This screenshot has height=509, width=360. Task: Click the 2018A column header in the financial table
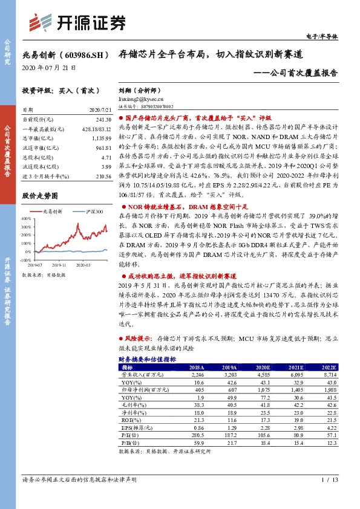[197, 367]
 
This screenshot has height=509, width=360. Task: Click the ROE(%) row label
[129, 420]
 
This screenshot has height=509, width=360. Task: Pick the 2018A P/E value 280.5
[197, 435]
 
